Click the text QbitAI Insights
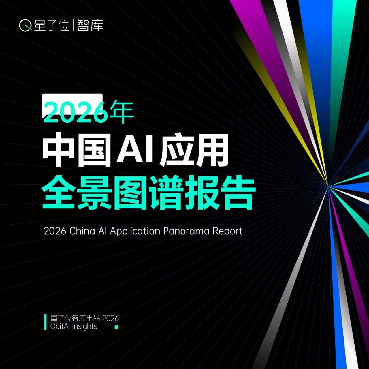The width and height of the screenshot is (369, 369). pos(74,326)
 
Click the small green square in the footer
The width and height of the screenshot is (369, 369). pos(116,327)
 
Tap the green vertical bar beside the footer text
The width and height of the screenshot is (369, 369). pos(45,323)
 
